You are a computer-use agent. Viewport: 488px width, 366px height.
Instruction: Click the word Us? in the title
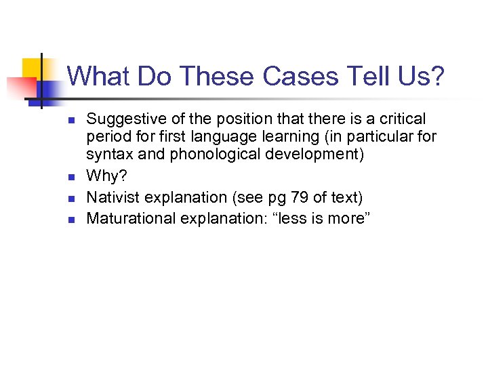(x=420, y=76)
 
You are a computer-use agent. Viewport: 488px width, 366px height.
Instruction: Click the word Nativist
(x=113, y=197)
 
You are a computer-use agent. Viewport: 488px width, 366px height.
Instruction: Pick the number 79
(x=296, y=197)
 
